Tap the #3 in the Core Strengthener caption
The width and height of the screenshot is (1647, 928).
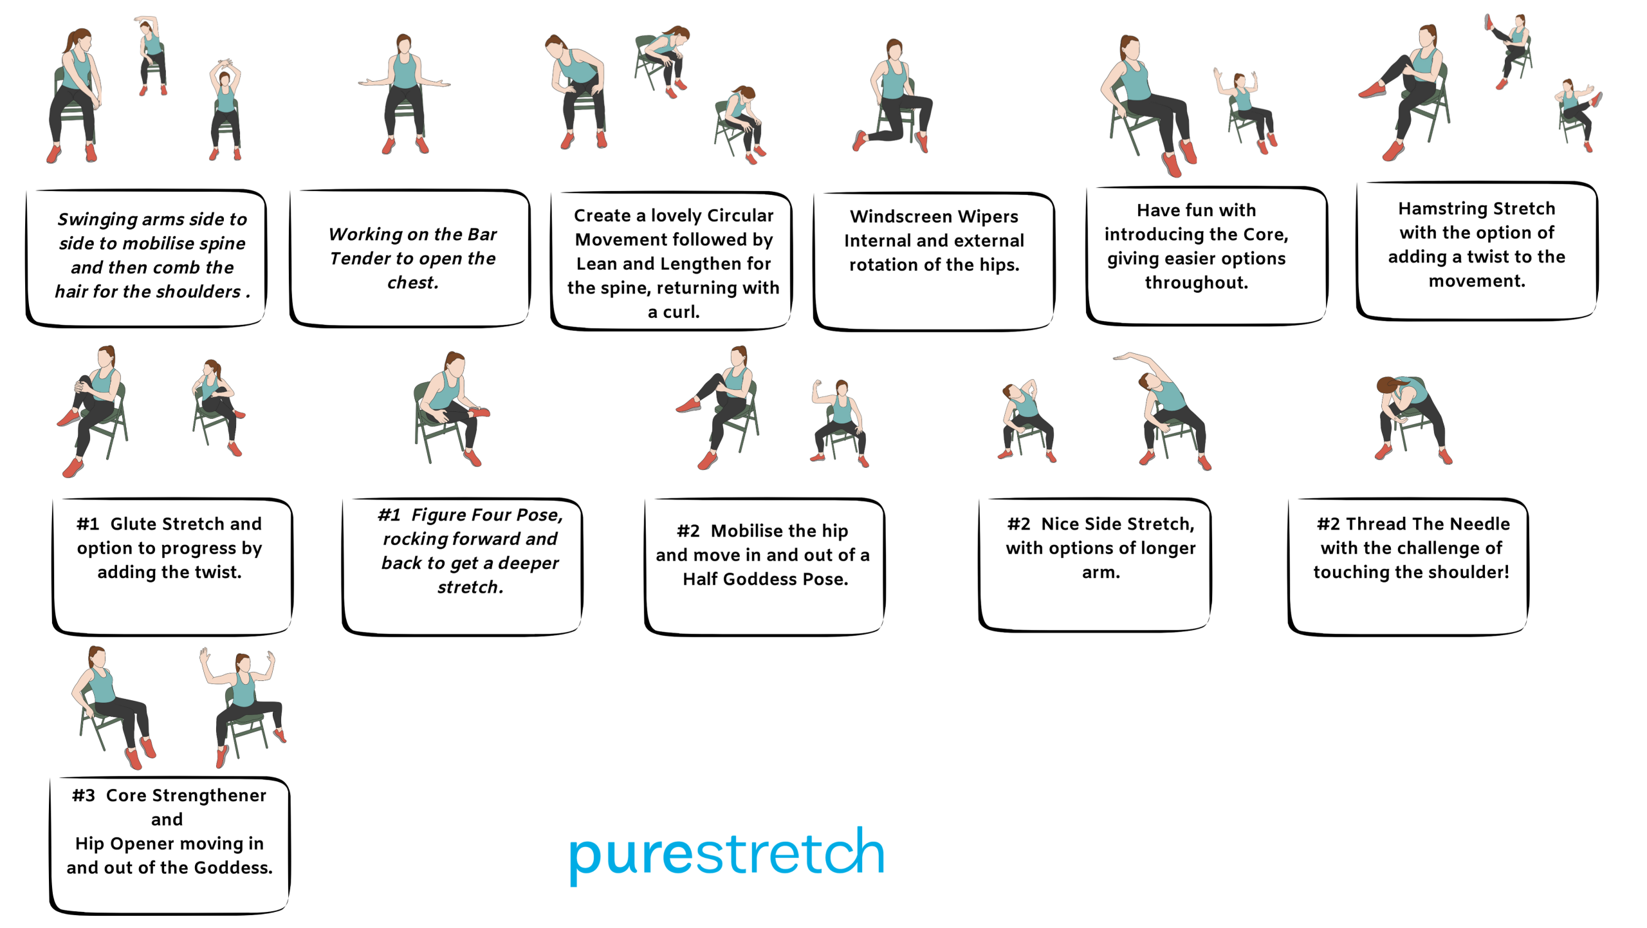point(84,795)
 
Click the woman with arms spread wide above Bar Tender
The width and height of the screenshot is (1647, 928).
point(404,94)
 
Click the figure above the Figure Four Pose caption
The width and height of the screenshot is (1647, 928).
point(451,409)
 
